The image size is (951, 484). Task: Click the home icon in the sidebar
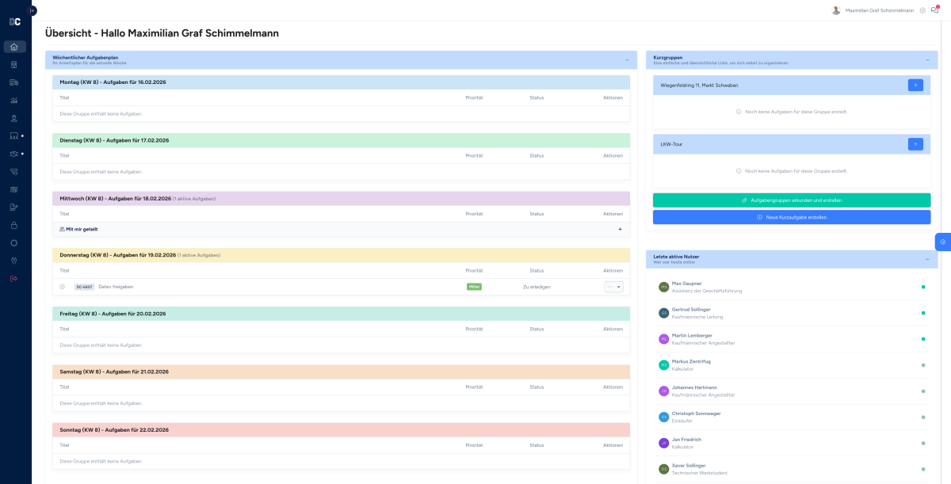pyautogui.click(x=14, y=47)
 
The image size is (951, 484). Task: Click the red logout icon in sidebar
pyautogui.click(x=14, y=278)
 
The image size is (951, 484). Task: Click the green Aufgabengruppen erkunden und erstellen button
pyautogui.click(x=792, y=200)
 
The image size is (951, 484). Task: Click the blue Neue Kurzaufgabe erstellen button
pyautogui.click(x=792, y=217)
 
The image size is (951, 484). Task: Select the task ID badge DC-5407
pyautogui.click(x=84, y=287)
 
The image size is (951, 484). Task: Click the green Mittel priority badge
pyautogui.click(x=474, y=287)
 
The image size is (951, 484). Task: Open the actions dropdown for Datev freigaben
pyautogui.click(x=613, y=287)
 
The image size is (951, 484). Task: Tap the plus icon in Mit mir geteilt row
pyautogui.click(x=620, y=229)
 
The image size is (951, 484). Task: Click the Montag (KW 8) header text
pyautogui.click(x=113, y=82)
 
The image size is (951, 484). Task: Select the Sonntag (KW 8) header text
pyautogui.click(x=113, y=430)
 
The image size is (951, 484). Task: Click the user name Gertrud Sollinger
pyautogui.click(x=691, y=309)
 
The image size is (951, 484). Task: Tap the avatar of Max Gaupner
pyautogui.click(x=663, y=287)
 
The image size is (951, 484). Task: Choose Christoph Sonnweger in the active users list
pyautogui.click(x=696, y=413)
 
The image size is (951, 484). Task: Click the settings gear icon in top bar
pyautogui.click(x=922, y=10)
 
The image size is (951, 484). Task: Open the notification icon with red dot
pyautogui.click(x=935, y=10)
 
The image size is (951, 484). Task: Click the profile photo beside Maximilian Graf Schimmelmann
pyautogui.click(x=836, y=10)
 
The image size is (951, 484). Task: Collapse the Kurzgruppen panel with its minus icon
pyautogui.click(x=926, y=60)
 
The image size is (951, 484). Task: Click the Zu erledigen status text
pyautogui.click(x=537, y=287)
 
